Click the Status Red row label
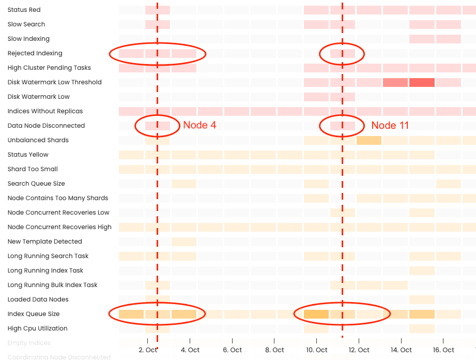pos(24,10)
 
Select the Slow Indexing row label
pos(28,39)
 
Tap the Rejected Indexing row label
pos(35,53)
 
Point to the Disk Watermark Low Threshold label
pos(54,82)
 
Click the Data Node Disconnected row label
pos(46,126)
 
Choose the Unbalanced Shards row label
pos(38,140)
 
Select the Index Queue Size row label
pos(34,314)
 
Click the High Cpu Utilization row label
pos(37,328)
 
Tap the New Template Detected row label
pos(44,242)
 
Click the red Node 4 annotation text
pos(199,125)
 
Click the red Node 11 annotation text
pos(390,125)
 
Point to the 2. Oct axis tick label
pos(147,350)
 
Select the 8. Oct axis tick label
pos(274,350)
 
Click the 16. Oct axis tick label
pos(443,350)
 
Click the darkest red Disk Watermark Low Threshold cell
pos(422,82)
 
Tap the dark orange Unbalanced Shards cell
pos(368,140)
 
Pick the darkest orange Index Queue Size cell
pos(316,314)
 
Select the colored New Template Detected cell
pos(183,242)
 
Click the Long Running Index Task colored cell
pos(422,271)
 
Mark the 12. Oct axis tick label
pos(359,350)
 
